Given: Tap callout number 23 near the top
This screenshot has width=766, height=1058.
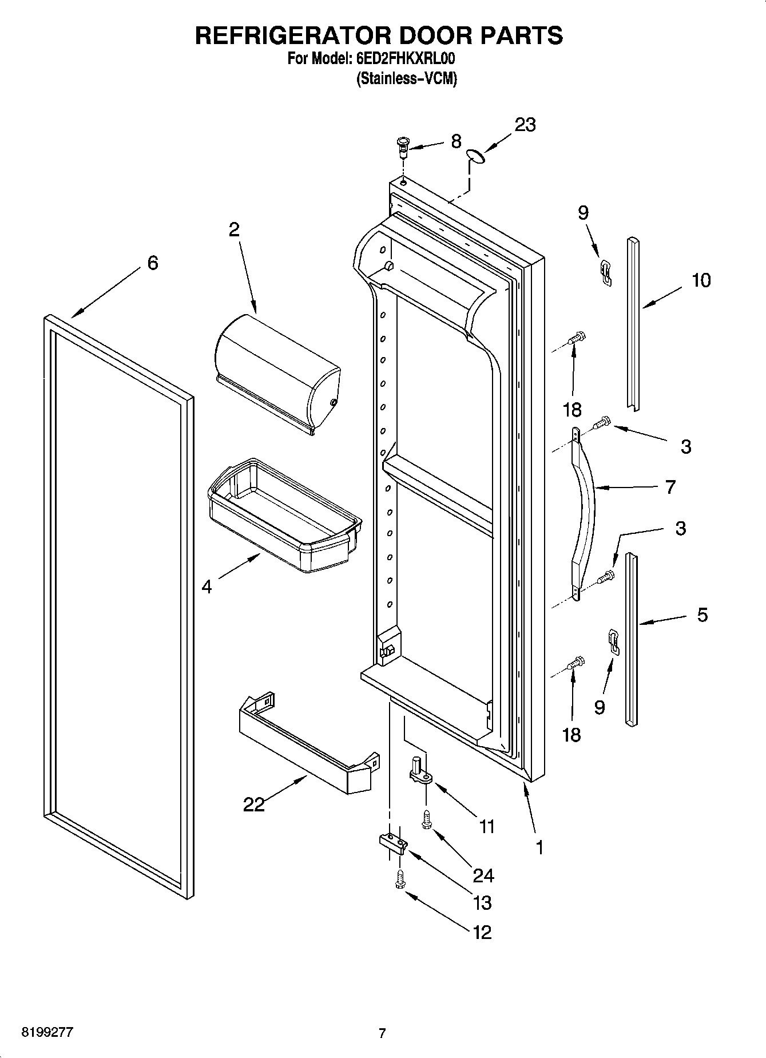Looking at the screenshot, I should (x=525, y=125).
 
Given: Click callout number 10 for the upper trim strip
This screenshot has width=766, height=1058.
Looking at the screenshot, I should (x=701, y=280).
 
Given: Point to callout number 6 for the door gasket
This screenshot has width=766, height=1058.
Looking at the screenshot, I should (x=152, y=263).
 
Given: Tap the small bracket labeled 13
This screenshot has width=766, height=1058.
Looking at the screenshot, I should (x=393, y=842).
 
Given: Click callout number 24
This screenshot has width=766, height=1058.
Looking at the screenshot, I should (x=483, y=875).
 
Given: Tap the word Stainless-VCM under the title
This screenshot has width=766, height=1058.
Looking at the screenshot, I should (x=406, y=78).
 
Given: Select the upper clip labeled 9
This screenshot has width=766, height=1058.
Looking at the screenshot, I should (x=606, y=272).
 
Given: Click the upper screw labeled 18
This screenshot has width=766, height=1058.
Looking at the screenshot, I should (x=576, y=338).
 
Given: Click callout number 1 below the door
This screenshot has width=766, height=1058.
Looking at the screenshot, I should (x=539, y=847).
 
